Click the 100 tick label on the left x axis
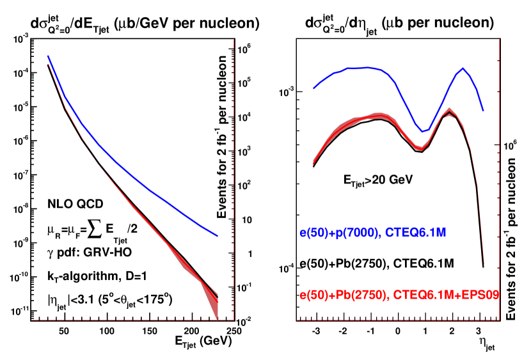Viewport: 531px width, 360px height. (107, 331)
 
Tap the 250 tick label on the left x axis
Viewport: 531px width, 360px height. (234, 331)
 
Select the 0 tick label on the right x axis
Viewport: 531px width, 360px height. (397, 333)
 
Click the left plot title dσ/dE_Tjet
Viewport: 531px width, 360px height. (144, 24)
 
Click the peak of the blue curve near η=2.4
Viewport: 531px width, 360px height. (461, 68)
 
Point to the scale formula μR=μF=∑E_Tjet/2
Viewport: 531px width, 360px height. (96, 229)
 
